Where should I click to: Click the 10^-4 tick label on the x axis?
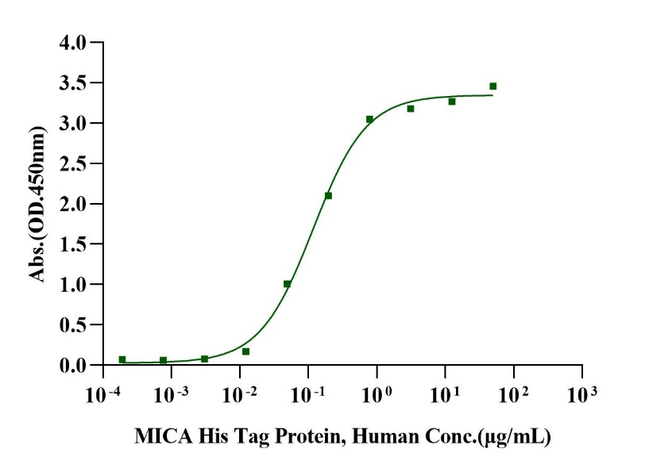pyautogui.click(x=105, y=392)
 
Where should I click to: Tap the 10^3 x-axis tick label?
pyautogui.click(x=581, y=392)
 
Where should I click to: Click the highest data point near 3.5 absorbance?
pyautogui.click(x=493, y=86)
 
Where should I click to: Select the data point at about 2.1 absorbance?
pyautogui.click(x=328, y=195)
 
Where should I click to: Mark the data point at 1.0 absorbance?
pyautogui.click(x=287, y=283)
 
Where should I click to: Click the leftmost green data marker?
pyautogui.click(x=122, y=359)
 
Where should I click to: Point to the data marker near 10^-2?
pyautogui.click(x=245, y=351)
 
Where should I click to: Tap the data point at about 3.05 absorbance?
pyautogui.click(x=369, y=119)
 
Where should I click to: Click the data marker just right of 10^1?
pyautogui.click(x=451, y=101)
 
